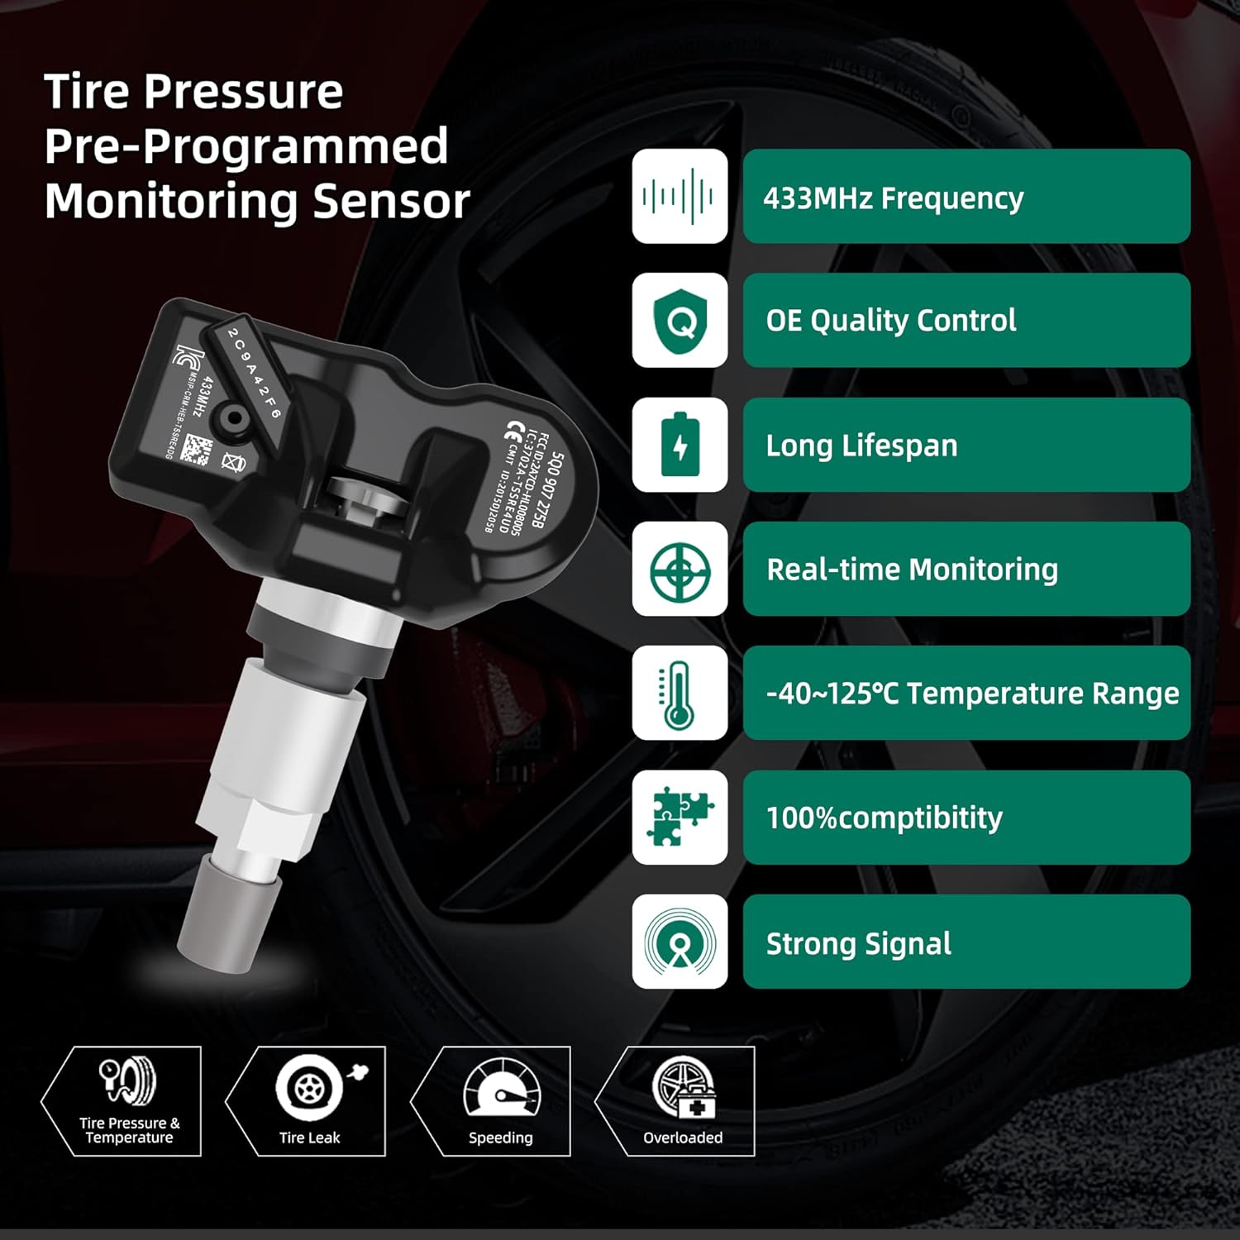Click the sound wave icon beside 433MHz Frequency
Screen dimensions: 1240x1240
pos(680,197)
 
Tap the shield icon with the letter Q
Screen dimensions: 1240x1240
pos(680,321)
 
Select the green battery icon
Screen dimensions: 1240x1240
pos(680,445)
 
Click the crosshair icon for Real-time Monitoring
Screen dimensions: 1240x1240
pos(680,570)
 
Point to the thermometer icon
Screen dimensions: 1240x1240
pos(680,694)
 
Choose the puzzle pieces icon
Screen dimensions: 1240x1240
pos(680,817)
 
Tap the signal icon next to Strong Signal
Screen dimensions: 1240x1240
pos(680,942)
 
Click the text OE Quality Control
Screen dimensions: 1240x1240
pos(890,321)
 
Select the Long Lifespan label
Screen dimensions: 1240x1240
pos(861,446)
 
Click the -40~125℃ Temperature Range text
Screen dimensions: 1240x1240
pos(972,694)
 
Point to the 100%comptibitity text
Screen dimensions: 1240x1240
pos(884,818)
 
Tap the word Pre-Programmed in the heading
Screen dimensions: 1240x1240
pos(246,146)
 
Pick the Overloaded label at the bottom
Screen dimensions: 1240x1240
pos(683,1137)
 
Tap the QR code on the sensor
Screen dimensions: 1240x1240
pos(198,450)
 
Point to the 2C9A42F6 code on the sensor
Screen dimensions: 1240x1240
pos(255,373)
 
